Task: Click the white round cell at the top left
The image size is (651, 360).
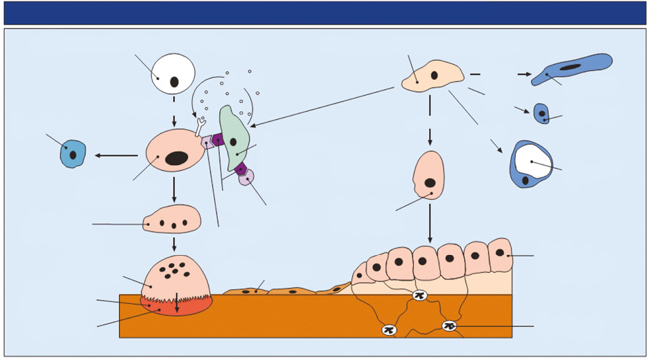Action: pyautogui.click(x=173, y=74)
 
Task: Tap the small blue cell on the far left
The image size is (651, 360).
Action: pyautogui.click(x=73, y=154)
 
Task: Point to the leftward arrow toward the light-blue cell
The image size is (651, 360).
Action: pyautogui.click(x=116, y=156)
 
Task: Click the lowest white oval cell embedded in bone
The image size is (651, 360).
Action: pyautogui.click(x=389, y=330)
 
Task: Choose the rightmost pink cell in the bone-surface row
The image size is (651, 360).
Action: pyautogui.click(x=499, y=255)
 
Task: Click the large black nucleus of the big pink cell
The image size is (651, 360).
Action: pyautogui.click(x=176, y=158)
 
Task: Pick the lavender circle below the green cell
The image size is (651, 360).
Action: pyautogui.click(x=246, y=177)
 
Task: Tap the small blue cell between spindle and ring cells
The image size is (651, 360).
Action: pyautogui.click(x=541, y=114)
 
